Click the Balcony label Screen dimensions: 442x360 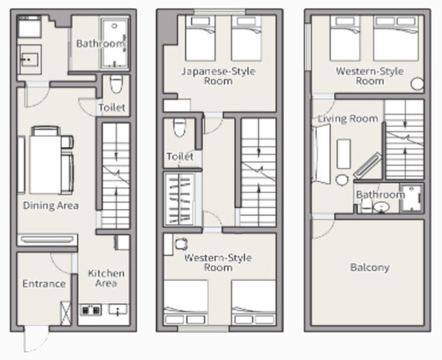click(370, 268)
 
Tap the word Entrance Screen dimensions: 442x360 click(44, 284)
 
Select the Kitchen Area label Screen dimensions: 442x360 click(106, 279)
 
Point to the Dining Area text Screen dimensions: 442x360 click(50, 206)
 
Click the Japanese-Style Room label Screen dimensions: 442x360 click(218, 76)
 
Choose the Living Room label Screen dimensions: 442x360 click(348, 119)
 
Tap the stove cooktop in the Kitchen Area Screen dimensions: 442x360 click(91, 310)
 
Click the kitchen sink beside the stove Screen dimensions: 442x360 click(118, 310)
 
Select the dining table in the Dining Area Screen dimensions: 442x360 click(45, 164)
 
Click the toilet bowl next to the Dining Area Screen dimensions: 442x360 click(116, 84)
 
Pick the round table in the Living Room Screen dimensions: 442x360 click(342, 180)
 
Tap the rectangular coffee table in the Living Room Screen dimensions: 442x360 click(344, 154)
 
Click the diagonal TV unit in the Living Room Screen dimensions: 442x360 click(367, 166)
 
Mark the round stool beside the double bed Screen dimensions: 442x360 click(417, 84)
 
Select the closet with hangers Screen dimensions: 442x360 click(179, 199)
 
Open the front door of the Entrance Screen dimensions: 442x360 click(36, 338)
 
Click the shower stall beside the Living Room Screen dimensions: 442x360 click(412, 198)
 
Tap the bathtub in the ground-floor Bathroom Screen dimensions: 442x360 click(114, 43)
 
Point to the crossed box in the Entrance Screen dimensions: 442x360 click(66, 313)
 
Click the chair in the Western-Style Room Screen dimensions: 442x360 click(181, 244)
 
